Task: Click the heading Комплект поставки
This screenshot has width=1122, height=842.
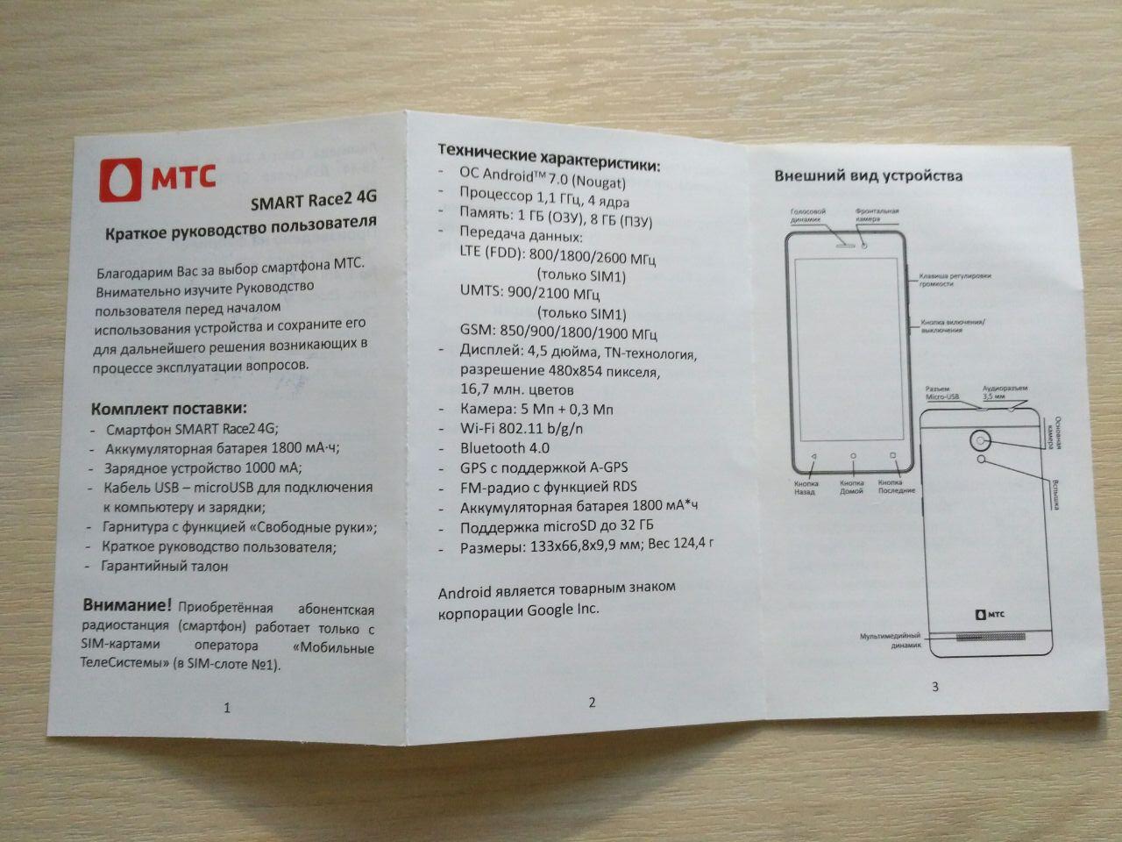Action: click(169, 409)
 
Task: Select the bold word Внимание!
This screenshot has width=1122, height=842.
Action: click(127, 605)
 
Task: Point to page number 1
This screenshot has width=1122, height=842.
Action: click(227, 708)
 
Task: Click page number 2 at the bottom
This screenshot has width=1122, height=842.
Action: click(592, 702)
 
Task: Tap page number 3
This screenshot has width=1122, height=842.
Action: click(935, 686)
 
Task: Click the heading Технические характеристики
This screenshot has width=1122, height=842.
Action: click(549, 157)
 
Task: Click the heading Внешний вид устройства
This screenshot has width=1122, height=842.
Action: click(868, 175)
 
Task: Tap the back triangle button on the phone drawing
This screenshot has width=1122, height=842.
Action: click(812, 456)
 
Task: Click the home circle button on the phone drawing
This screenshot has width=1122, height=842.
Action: click(852, 456)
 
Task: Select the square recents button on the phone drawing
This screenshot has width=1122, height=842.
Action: click(892, 456)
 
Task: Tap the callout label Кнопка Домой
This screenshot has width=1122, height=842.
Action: click(852, 488)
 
